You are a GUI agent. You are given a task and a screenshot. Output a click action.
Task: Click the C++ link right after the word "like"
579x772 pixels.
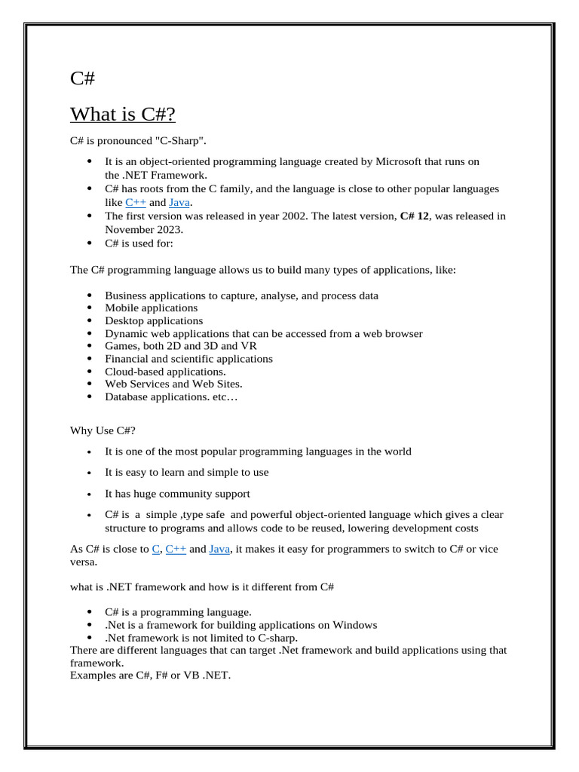click(x=136, y=202)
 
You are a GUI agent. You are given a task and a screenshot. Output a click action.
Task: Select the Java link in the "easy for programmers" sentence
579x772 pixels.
click(x=219, y=549)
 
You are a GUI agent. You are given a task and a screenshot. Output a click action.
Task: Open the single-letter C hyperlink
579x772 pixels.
click(x=156, y=549)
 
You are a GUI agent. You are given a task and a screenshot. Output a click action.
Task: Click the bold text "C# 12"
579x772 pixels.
click(x=415, y=216)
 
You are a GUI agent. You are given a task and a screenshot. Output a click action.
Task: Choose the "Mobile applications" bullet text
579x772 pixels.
click(x=151, y=308)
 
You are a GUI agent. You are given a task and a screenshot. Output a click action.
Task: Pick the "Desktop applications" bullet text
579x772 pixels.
click(x=154, y=320)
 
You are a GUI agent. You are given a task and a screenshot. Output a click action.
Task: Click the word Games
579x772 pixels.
click(x=121, y=346)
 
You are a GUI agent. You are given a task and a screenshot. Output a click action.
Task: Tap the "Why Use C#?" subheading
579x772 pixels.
click(x=103, y=430)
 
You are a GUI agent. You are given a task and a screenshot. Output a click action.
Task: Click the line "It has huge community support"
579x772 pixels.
click(x=177, y=494)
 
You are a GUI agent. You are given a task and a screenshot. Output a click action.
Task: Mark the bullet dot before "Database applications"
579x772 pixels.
click(x=90, y=397)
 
